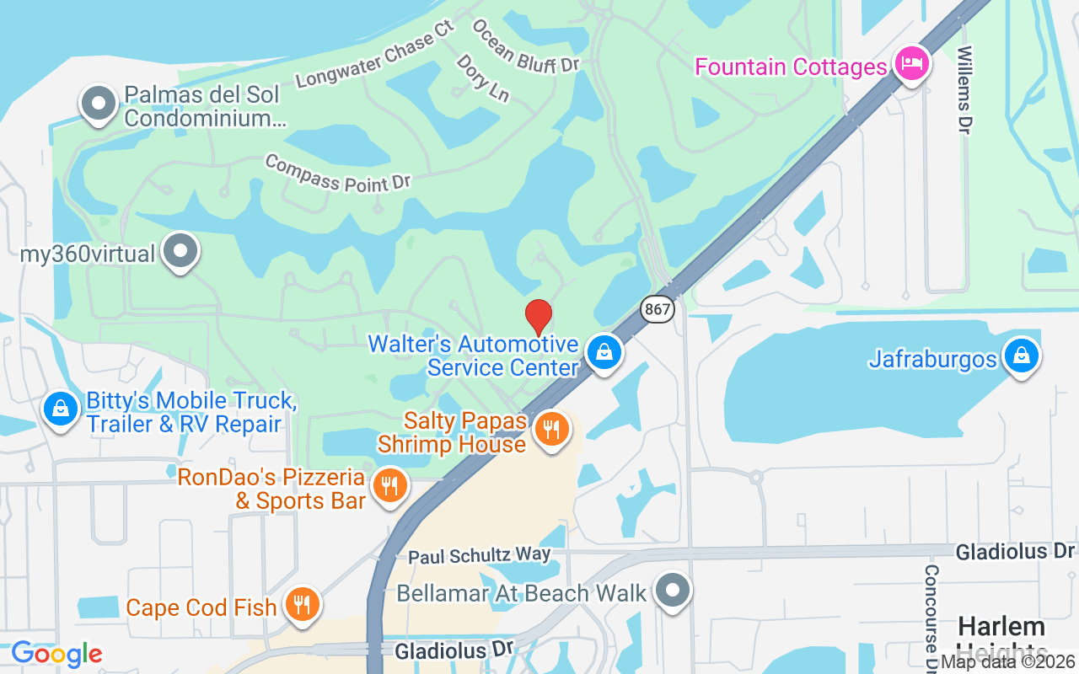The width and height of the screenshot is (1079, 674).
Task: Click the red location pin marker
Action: point(539,316)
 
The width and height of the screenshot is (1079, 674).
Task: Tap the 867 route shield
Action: point(657,309)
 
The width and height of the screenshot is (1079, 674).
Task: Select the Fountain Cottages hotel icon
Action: point(911,63)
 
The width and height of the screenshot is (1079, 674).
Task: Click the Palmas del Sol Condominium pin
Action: point(99,104)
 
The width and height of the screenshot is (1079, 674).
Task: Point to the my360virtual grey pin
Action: point(180,251)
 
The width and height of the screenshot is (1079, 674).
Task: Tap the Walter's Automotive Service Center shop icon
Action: point(604,353)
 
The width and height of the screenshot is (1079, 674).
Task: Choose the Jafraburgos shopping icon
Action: point(1022,356)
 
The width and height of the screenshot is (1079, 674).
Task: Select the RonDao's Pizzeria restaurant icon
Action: point(389,486)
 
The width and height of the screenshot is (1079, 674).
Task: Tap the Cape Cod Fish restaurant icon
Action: point(301,604)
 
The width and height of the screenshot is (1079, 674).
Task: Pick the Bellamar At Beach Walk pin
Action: point(672,591)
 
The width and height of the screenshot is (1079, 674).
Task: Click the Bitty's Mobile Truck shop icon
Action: point(61,410)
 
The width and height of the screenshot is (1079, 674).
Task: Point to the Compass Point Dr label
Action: point(337,173)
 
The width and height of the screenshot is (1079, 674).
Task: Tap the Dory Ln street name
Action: point(483,78)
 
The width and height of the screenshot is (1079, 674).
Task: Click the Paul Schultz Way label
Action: point(479,555)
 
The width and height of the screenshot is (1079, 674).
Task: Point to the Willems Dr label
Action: point(964,88)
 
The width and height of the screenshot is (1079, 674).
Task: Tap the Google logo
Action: point(56,654)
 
